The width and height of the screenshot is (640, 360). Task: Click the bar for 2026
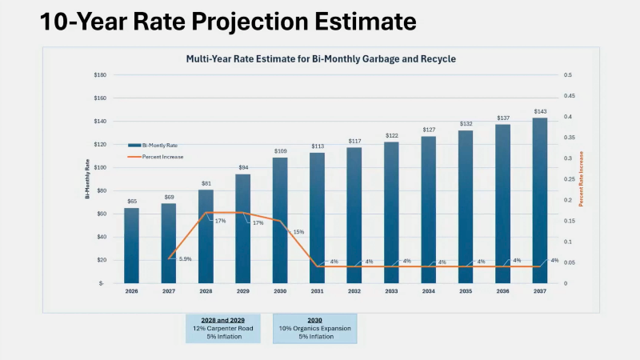[131, 246]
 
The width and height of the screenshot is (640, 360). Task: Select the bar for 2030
[280, 220]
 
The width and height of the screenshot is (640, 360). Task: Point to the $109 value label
[281, 151]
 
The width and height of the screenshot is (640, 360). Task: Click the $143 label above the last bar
[540, 111]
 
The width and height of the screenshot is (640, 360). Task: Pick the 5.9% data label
[186, 258]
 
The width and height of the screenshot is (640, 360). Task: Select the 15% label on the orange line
[298, 232]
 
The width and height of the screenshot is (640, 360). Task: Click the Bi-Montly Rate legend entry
[153, 146]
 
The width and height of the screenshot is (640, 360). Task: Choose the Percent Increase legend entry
[155, 157]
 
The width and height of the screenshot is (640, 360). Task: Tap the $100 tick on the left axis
[100, 167]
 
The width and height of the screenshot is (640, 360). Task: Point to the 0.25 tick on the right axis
[570, 179]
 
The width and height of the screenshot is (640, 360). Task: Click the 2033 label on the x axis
[391, 291]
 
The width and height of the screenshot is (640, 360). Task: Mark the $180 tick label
[100, 74]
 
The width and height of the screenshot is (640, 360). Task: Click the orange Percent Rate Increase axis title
[582, 178]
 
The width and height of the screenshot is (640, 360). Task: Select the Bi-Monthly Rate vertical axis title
[87, 178]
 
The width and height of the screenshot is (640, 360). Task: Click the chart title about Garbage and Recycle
[321, 58]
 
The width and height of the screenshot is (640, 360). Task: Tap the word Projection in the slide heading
[250, 22]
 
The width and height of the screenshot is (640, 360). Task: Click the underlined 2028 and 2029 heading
[223, 321]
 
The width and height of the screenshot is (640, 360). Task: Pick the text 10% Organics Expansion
[314, 328]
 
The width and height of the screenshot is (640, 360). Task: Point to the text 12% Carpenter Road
[223, 328]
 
